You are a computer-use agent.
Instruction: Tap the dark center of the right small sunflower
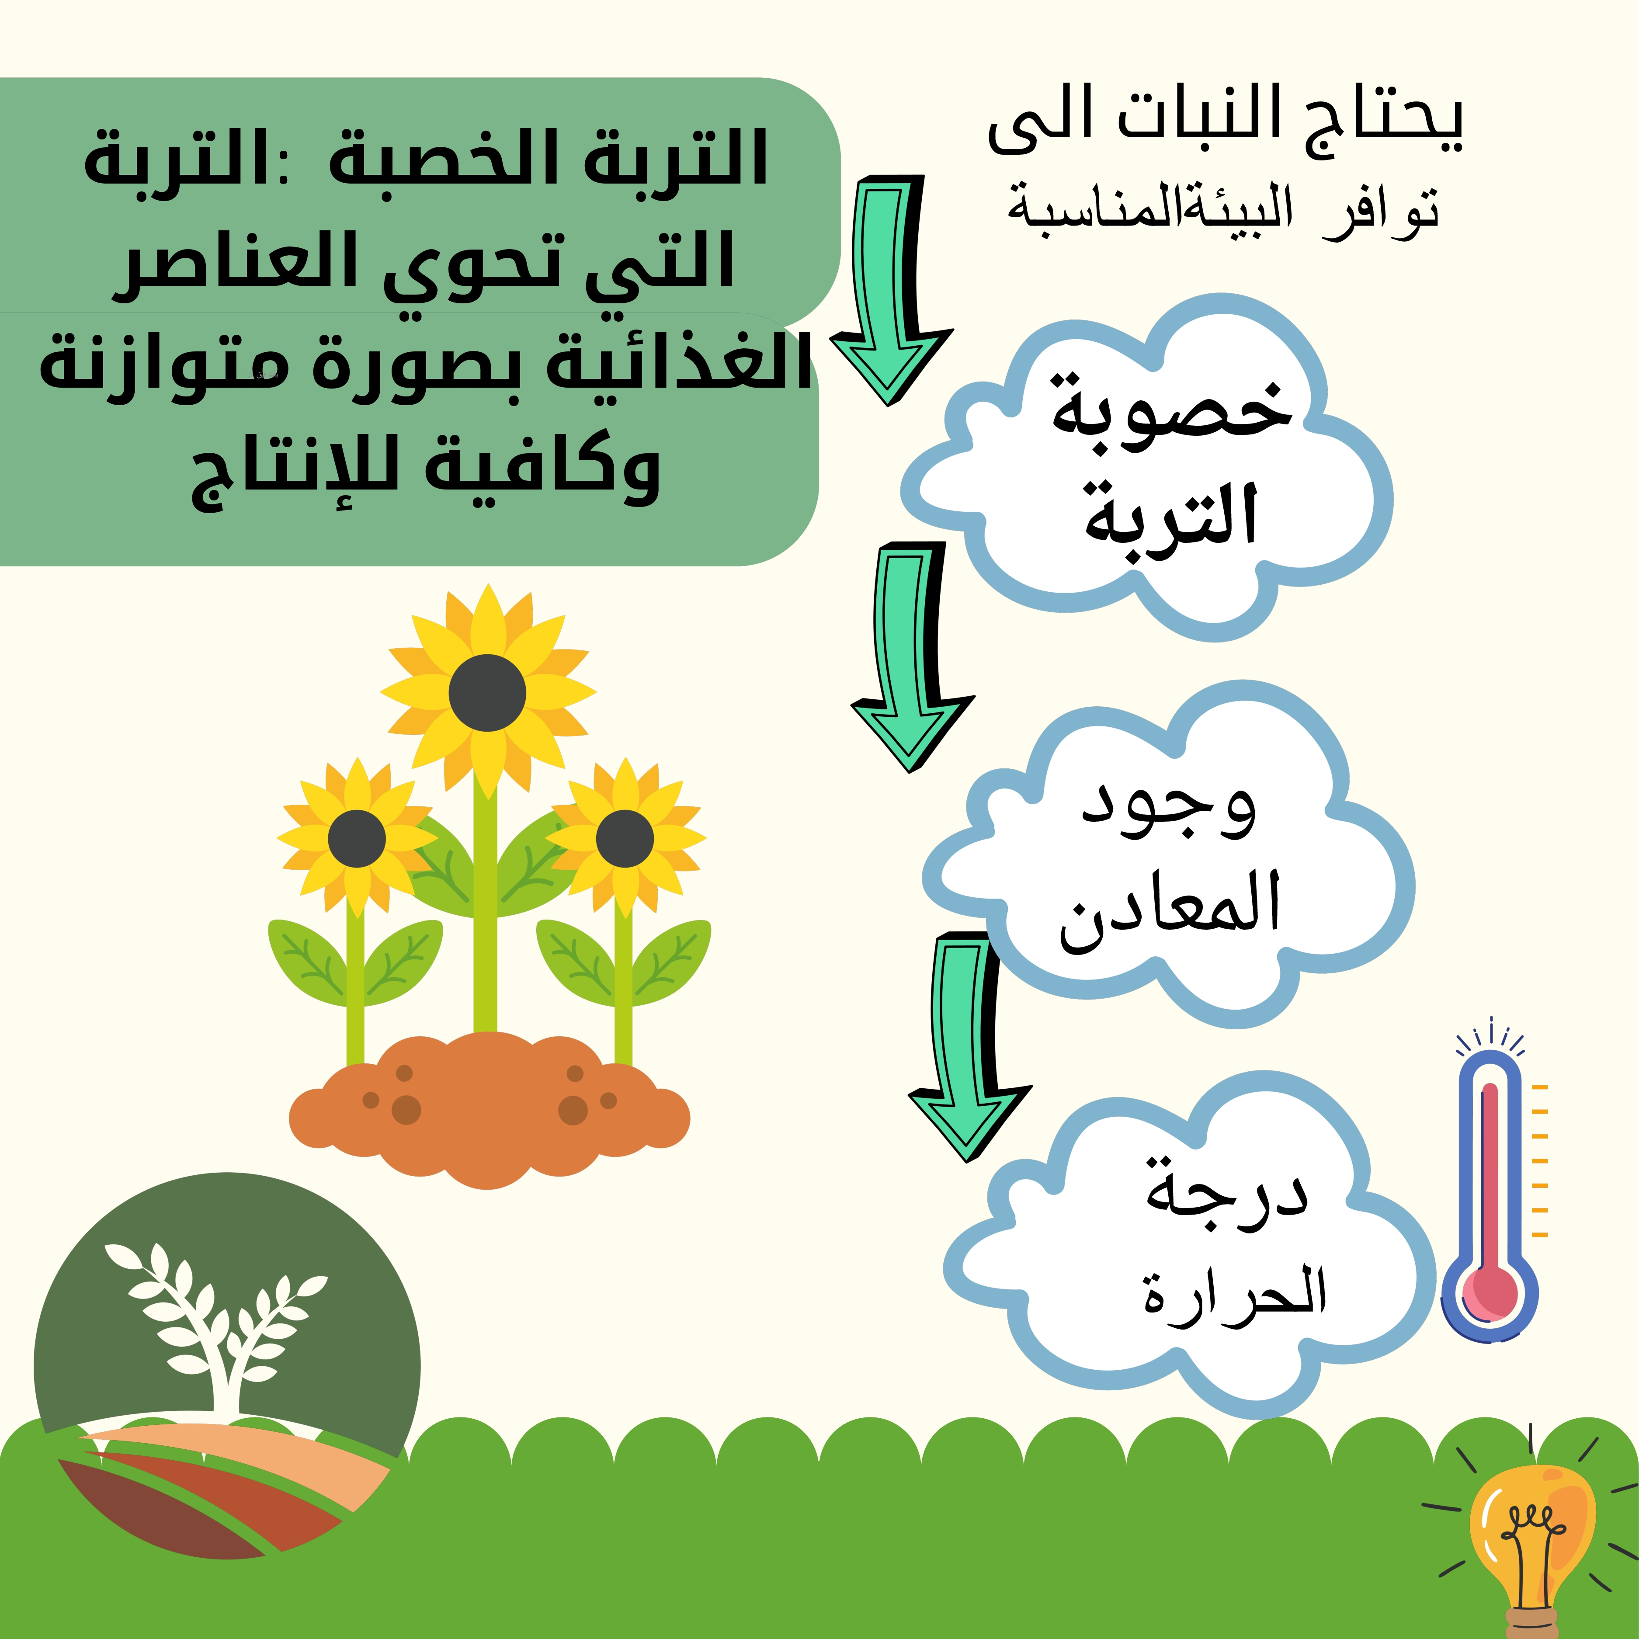[x=625, y=838]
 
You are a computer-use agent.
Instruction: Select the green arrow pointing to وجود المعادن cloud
[x=912, y=657]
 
